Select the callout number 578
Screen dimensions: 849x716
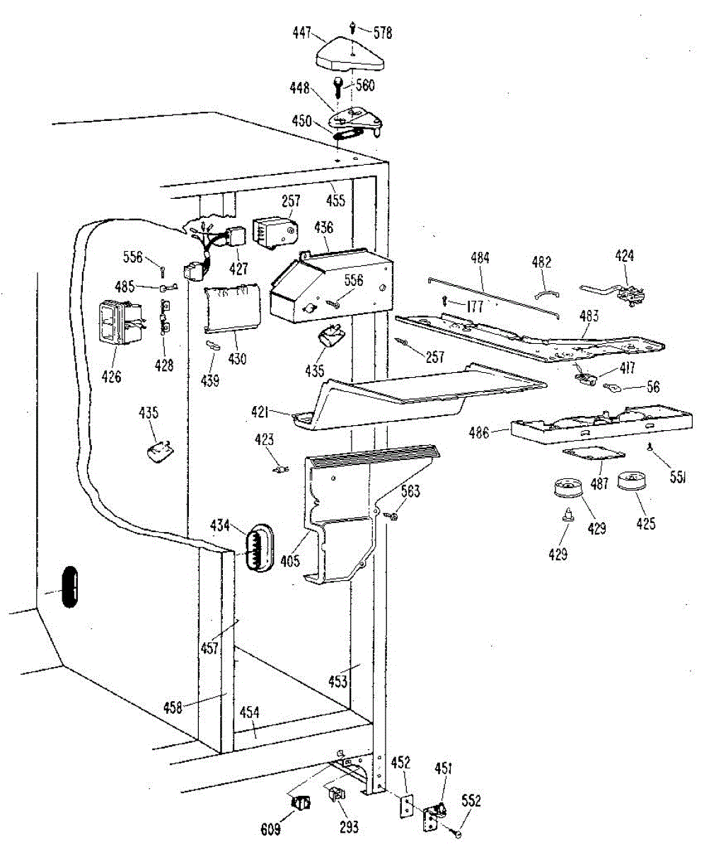pyautogui.click(x=383, y=33)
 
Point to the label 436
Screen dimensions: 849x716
pyautogui.click(x=324, y=228)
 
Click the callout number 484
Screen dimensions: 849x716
pyautogui.click(x=480, y=259)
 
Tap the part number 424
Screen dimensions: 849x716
pyautogui.click(x=624, y=256)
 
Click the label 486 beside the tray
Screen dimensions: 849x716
pyautogui.click(x=479, y=432)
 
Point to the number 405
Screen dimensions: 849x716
pyautogui.click(x=290, y=562)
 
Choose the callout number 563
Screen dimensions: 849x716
pyautogui.click(x=410, y=491)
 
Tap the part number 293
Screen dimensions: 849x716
pyautogui.click(x=349, y=826)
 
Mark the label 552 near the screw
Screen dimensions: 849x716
pyautogui.click(x=471, y=800)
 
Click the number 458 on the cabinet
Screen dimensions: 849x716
pyautogui.click(x=173, y=706)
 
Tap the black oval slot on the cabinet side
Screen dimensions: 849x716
pyautogui.click(x=69, y=585)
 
